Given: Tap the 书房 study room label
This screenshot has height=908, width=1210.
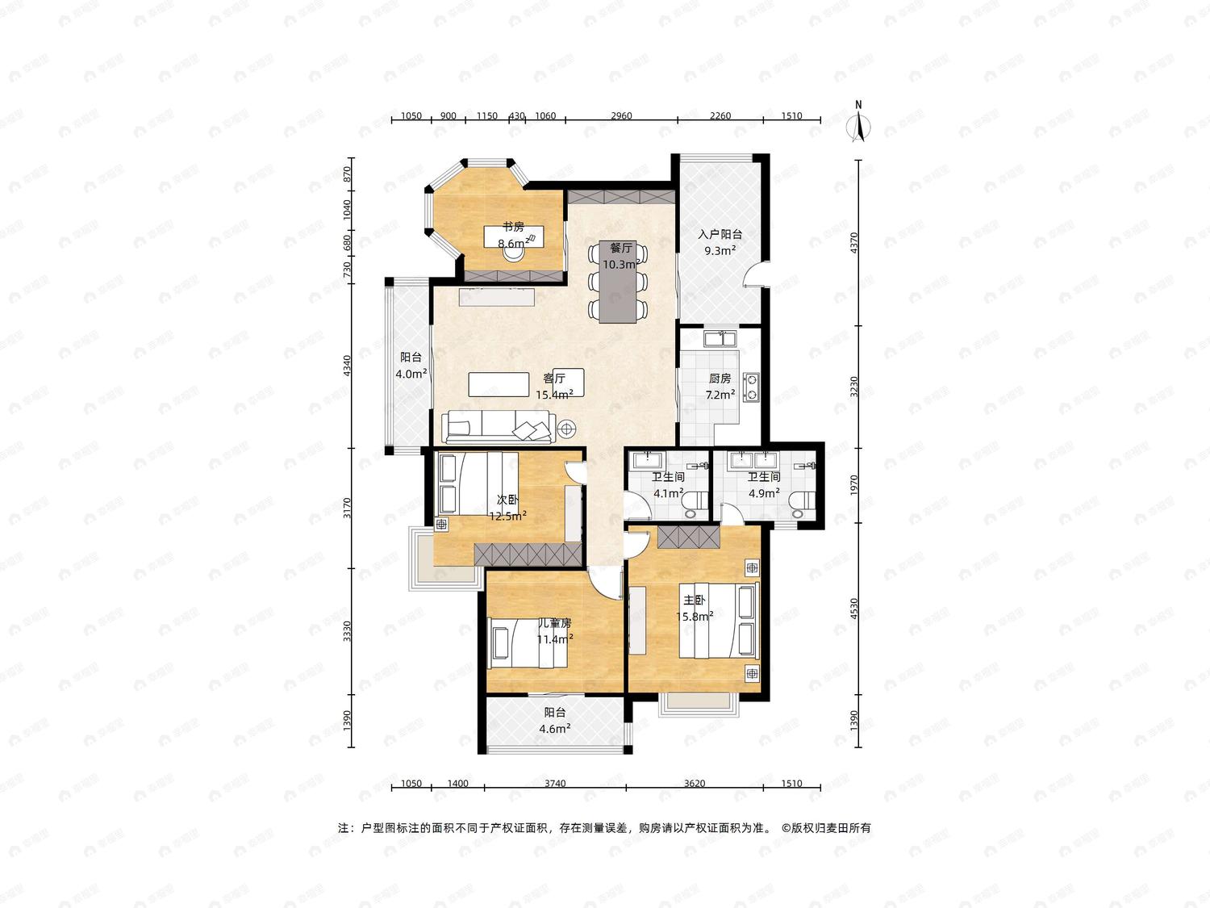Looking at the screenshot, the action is pos(513,227).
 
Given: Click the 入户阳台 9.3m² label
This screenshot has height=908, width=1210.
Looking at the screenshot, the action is pos(720,242).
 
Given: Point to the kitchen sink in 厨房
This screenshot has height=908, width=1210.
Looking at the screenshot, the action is pos(720,338).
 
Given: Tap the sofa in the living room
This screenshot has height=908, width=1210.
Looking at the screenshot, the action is pos(499,426).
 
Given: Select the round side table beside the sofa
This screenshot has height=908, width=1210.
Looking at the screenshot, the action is pos(567,427).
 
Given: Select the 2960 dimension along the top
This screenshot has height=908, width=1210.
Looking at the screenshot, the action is pos(621,115).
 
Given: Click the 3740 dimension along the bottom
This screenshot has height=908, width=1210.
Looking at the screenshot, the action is pos(554,784).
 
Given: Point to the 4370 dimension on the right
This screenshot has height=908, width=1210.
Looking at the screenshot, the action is pos(854,243).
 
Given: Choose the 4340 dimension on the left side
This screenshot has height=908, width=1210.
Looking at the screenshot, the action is pos(347,366).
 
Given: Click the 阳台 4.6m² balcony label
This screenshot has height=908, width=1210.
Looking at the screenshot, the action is pos(554,721).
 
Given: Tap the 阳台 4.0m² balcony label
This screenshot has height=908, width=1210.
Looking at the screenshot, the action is pos(411,366).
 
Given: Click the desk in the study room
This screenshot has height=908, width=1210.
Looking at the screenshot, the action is pos(514,236).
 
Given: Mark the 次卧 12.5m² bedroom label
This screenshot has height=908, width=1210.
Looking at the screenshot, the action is pos(507,508).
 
